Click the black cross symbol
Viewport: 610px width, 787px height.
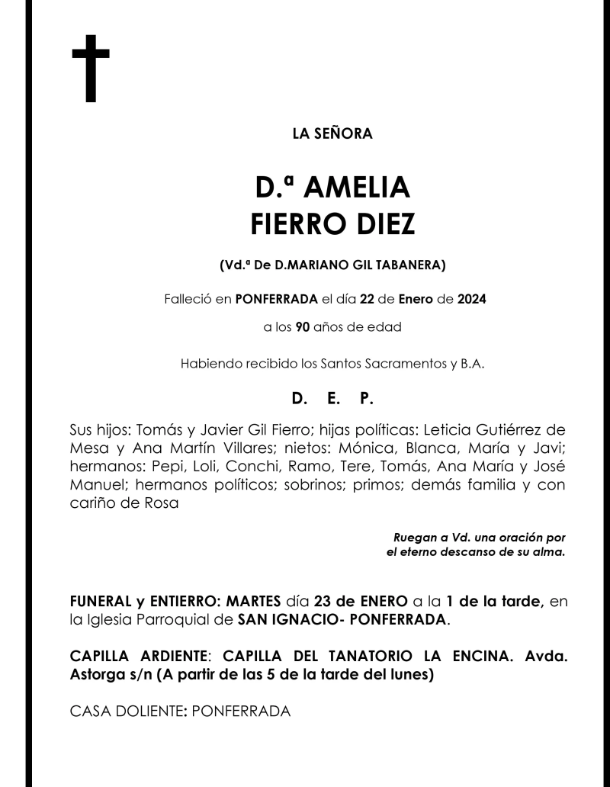[91, 69]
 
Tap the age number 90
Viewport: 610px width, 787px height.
[303, 329]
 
